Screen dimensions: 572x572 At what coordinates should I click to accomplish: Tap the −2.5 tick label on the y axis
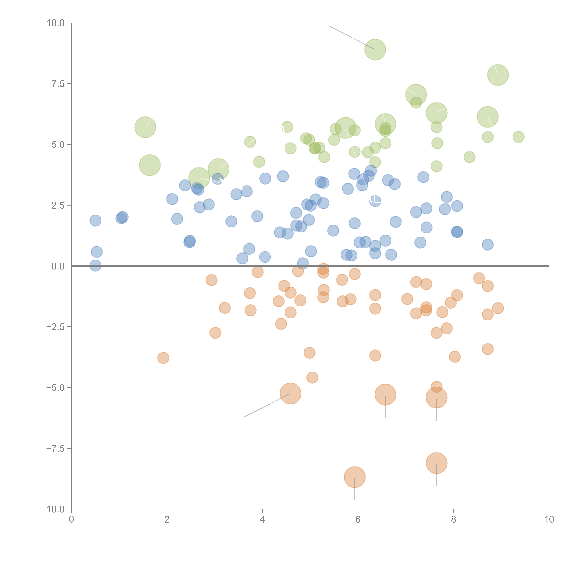[x=55, y=327]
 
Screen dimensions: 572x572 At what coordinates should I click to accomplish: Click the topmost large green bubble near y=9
[x=375, y=49]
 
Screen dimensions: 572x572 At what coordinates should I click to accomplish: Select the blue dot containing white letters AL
[x=375, y=201]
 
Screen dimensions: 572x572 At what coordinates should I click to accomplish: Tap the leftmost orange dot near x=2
[x=163, y=358]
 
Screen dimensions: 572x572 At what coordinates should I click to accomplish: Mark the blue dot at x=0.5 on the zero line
[x=95, y=266]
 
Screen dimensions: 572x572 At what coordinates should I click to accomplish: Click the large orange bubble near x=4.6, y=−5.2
[x=290, y=393]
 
